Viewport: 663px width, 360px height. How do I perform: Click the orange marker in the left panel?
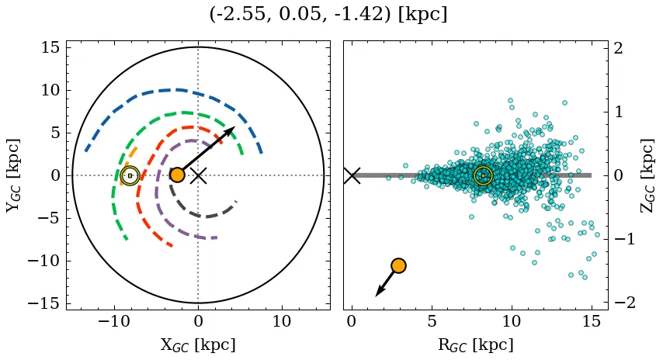click(x=177, y=175)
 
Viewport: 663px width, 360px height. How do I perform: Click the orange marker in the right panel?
click(x=399, y=265)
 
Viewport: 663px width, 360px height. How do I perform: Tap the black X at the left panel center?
click(x=198, y=175)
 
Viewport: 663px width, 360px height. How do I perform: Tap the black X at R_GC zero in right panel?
click(x=352, y=175)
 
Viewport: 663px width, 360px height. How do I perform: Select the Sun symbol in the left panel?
click(x=130, y=175)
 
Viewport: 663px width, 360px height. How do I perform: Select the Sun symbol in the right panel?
click(x=483, y=175)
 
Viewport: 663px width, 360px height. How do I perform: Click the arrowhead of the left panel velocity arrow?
click(x=230, y=130)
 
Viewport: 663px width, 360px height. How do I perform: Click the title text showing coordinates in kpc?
click(x=328, y=15)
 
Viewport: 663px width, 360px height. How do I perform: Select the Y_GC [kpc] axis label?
click(x=13, y=175)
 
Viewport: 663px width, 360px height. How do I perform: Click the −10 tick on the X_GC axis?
click(x=115, y=321)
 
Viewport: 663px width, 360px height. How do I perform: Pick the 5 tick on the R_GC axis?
click(x=432, y=321)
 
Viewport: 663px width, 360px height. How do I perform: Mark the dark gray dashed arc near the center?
click(x=202, y=216)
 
